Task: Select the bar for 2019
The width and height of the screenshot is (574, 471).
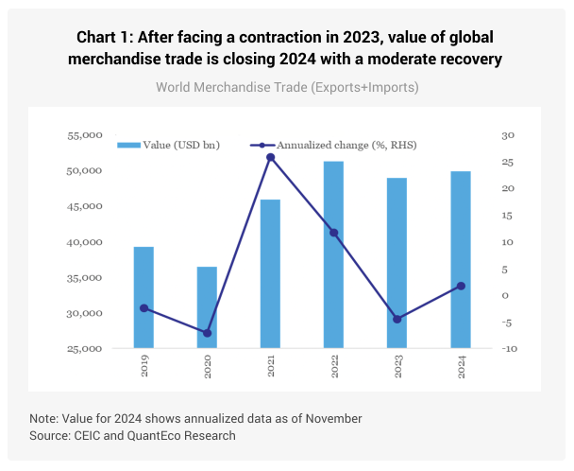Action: coord(143,297)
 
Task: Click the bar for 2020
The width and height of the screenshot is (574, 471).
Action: coord(207,307)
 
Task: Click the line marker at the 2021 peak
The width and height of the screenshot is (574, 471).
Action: coord(270,157)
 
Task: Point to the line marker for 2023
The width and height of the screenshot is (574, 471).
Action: coord(397,320)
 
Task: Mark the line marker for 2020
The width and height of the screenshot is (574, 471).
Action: coord(207,333)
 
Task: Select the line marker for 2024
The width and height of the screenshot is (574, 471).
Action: coord(460,286)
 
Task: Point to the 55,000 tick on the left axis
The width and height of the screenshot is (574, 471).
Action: coord(85,136)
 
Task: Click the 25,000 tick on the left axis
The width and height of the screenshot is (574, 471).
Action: coord(85,350)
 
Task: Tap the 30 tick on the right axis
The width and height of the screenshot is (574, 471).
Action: coord(507,136)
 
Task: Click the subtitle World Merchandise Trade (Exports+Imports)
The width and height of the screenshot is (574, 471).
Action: coord(286,87)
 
